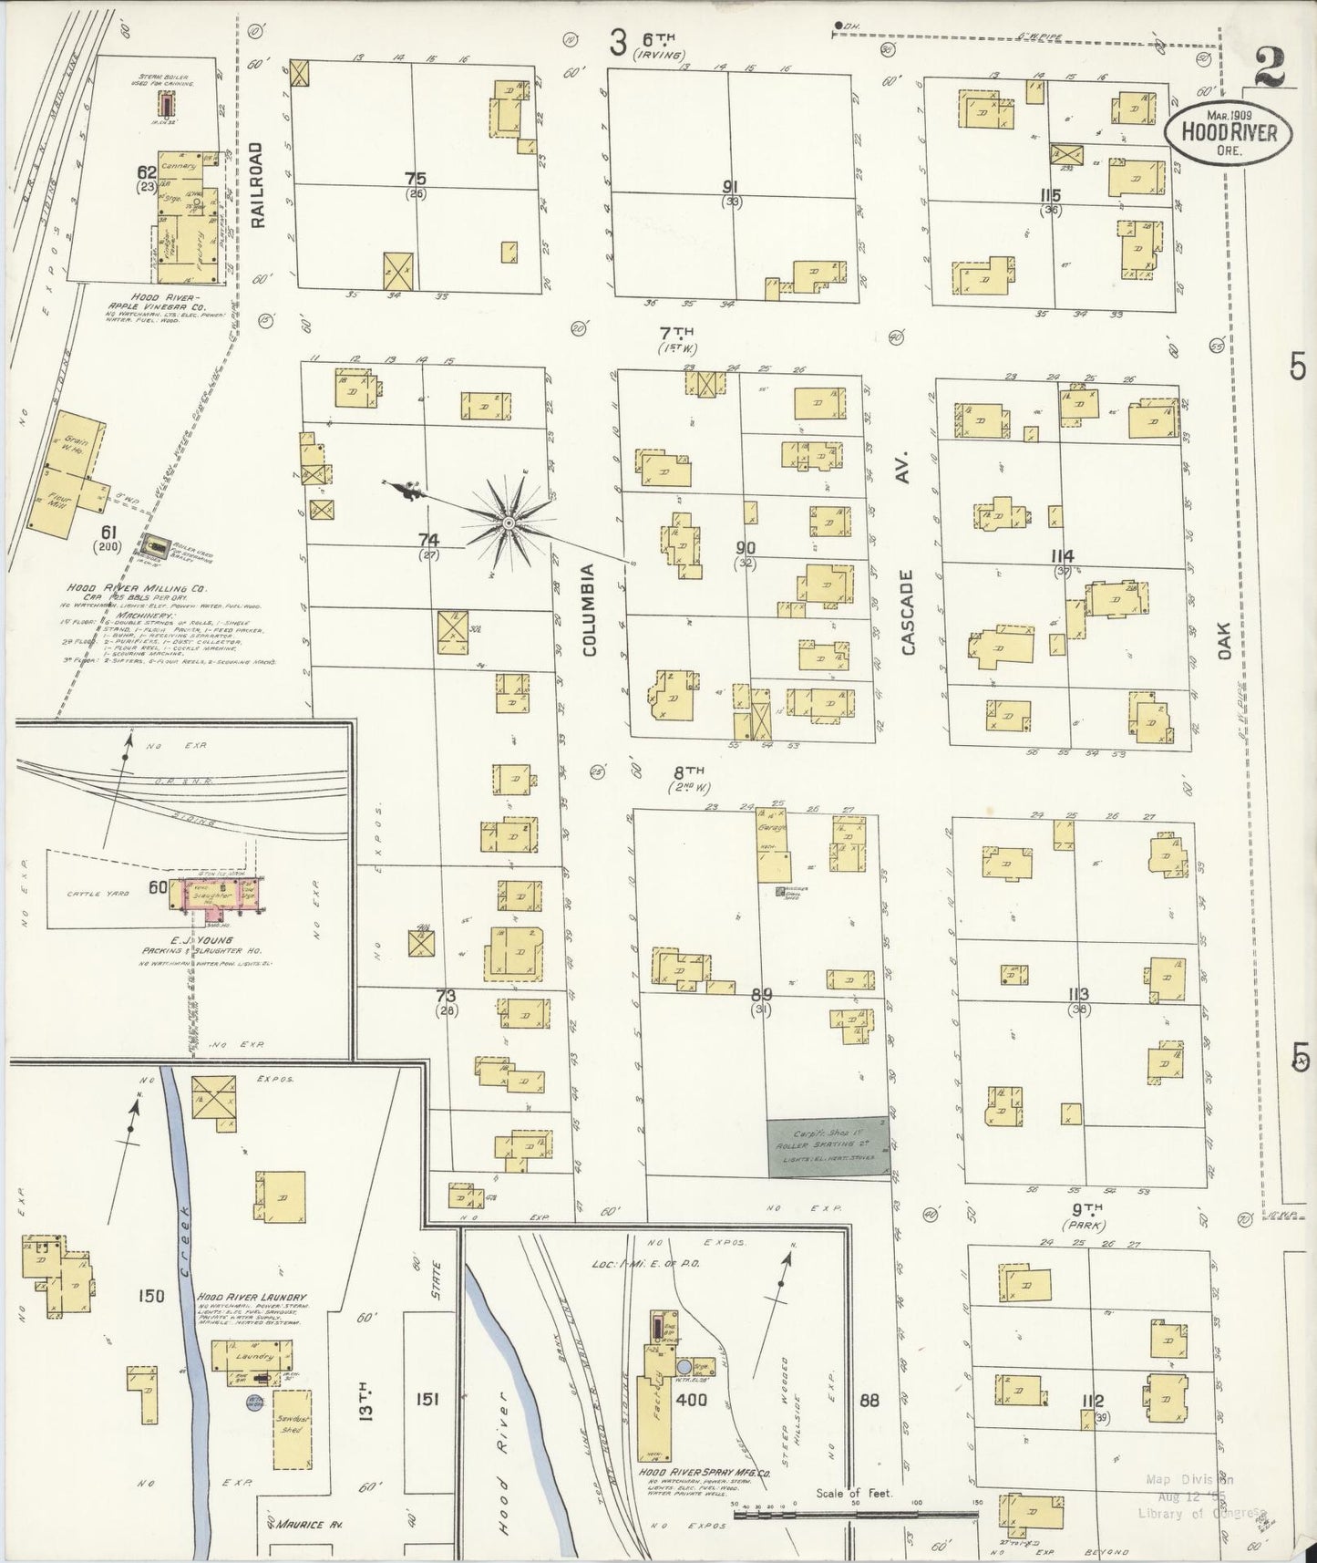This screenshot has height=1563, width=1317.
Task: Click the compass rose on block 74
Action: pyautogui.click(x=508, y=522)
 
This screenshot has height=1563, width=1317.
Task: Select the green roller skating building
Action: pyautogui.click(x=828, y=1146)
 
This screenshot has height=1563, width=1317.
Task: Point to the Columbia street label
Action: pyautogui.click(x=589, y=609)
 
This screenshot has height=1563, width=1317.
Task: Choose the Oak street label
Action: pyautogui.click(x=1222, y=645)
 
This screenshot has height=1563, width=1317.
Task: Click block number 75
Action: pyautogui.click(x=416, y=179)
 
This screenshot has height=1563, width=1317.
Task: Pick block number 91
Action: pyautogui.click(x=730, y=186)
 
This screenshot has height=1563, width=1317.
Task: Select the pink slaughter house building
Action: pyautogui.click(x=223, y=895)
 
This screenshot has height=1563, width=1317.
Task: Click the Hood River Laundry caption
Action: pyautogui.click(x=256, y=1298)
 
